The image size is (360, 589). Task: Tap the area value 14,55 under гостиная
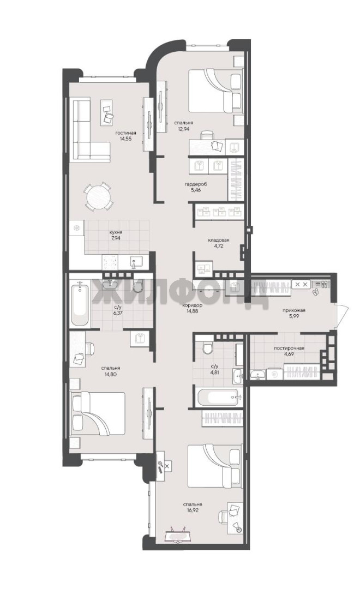125,138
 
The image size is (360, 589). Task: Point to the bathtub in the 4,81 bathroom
219,396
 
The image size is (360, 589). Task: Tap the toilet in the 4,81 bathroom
208,348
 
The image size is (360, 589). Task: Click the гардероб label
196,184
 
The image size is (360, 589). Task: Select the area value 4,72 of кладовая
219,246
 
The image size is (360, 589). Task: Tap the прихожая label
294,310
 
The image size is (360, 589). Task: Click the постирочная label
289,348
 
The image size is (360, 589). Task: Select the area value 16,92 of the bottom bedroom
193,510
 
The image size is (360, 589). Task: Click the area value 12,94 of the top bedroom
183,129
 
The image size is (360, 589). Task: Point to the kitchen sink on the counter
135,261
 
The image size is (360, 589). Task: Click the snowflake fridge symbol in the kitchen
77,228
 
